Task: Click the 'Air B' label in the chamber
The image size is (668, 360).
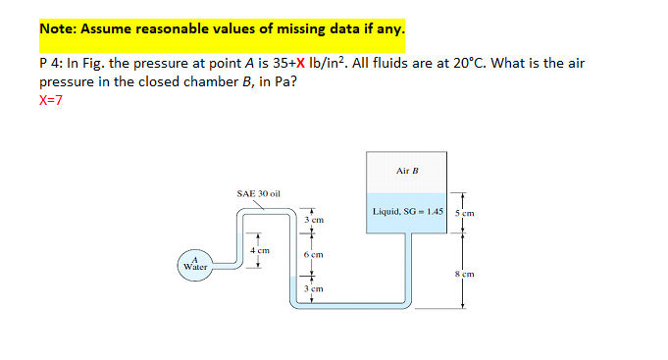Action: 407,171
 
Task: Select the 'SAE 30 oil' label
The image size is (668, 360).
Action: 259,193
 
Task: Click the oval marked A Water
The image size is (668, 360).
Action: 194,264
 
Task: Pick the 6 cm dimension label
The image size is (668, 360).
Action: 314,254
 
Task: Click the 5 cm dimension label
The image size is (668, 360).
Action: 464,213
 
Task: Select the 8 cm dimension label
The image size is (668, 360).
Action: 465,274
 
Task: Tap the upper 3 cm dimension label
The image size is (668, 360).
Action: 314,220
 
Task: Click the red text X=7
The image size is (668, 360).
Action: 50,100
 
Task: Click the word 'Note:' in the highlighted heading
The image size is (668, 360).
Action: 60,28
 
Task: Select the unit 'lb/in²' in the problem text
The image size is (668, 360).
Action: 332,63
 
